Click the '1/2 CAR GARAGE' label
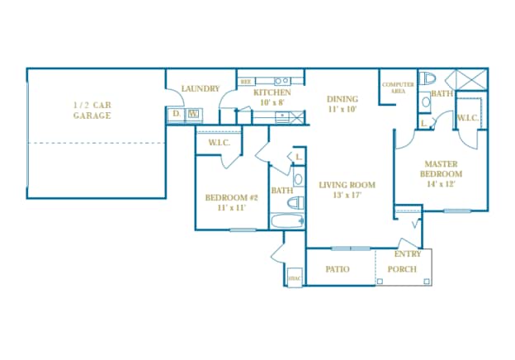pos(92,110)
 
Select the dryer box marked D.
pos(177,114)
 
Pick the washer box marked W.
pos(193,114)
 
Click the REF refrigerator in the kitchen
pos(246,83)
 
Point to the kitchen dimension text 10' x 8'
pos(272,103)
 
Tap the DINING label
pos(342,99)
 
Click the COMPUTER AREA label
pos(398,87)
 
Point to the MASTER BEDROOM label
pos(442,168)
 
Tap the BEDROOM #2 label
pos(232,197)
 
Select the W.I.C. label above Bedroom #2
pos(219,143)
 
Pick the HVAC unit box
pos(295,277)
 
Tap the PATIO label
pos(338,270)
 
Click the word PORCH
pos(402,270)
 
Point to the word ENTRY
pos(408,254)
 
